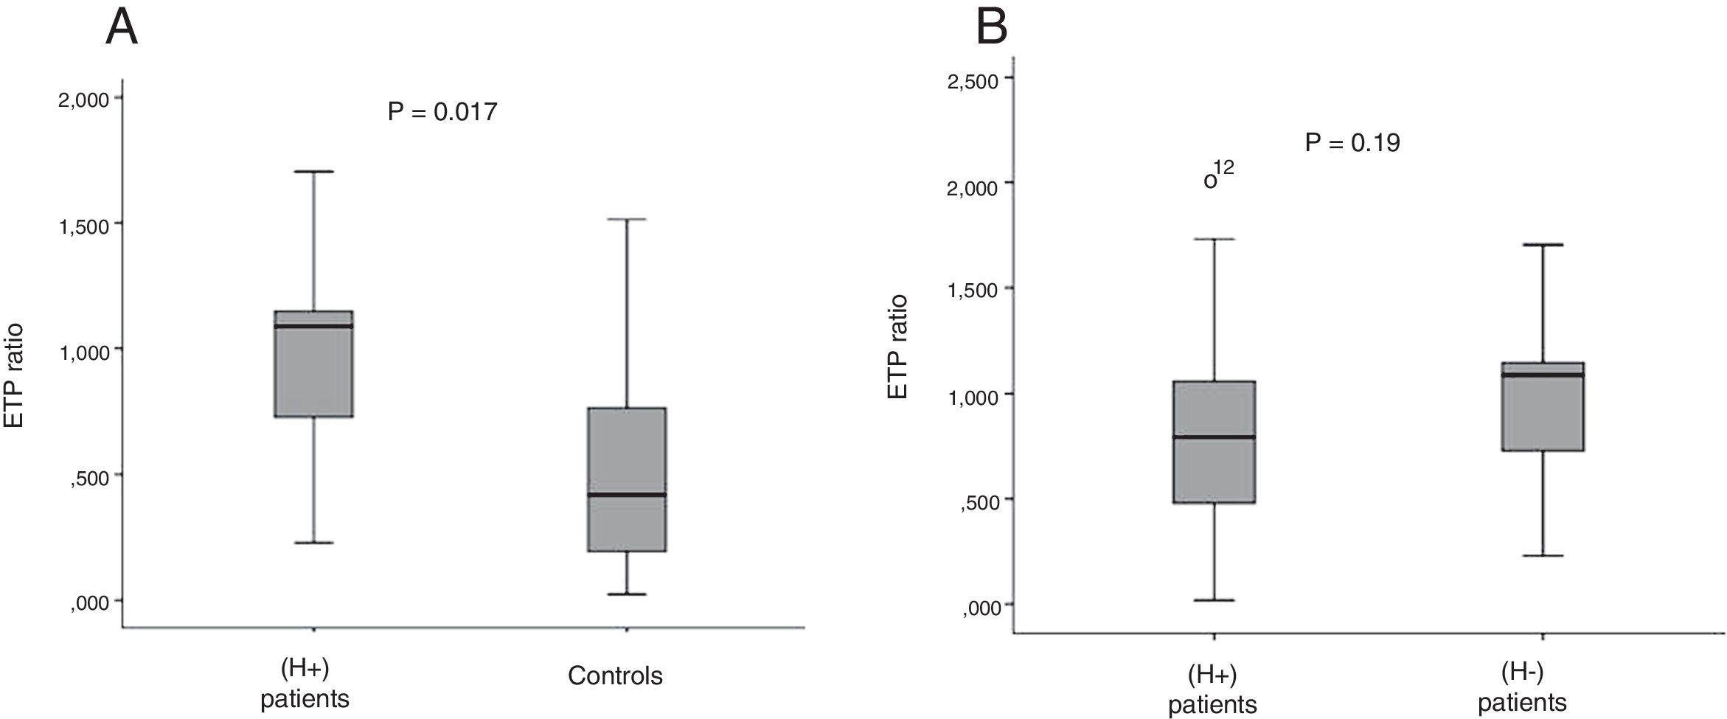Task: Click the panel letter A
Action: [x=122, y=28]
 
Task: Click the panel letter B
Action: [x=991, y=28]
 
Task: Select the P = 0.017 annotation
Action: [x=442, y=112]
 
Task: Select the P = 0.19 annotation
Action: [x=1352, y=142]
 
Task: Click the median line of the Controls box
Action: [x=627, y=494]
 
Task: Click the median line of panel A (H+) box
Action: [x=313, y=325]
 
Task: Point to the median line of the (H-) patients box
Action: [x=1543, y=375]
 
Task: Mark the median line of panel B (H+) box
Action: [x=1214, y=437]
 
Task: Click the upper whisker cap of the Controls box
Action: [x=627, y=219]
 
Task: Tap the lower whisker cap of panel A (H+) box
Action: [x=313, y=543]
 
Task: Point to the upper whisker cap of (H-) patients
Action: [x=1543, y=244]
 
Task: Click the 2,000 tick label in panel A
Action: [x=84, y=100]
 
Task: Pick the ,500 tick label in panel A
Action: [x=90, y=477]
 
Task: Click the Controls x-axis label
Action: [x=615, y=675]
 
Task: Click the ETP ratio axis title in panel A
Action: [x=15, y=376]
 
